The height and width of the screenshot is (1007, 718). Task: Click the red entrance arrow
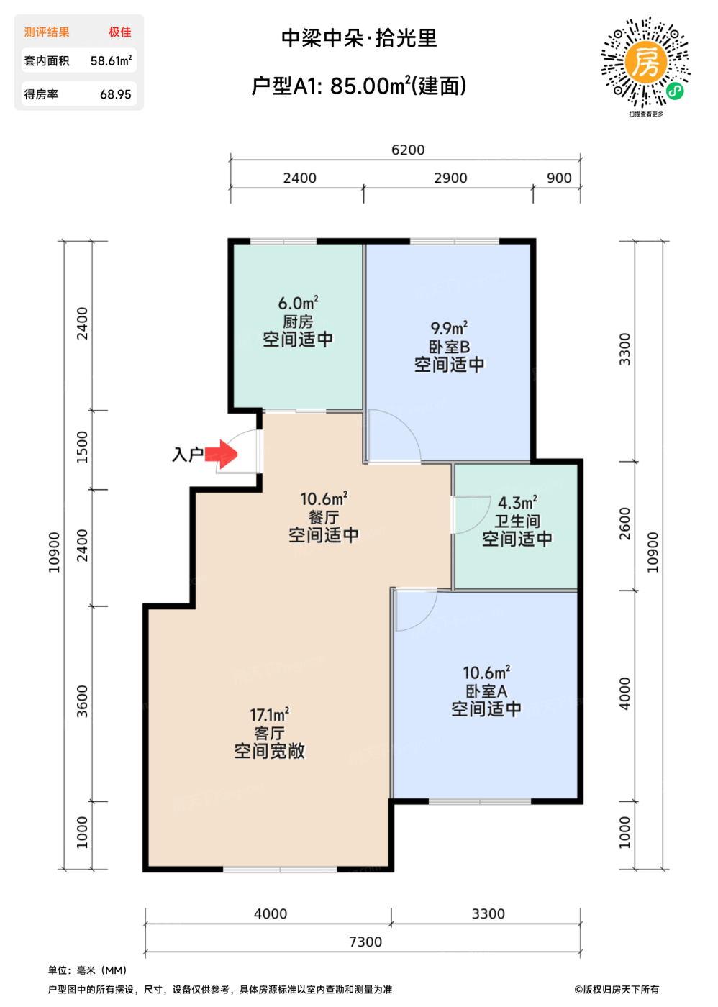click(221, 454)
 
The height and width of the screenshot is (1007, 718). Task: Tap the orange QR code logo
click(645, 63)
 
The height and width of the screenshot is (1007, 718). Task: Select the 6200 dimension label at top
click(408, 150)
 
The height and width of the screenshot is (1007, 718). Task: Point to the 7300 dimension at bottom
click(365, 942)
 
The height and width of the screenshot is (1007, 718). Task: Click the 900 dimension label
click(559, 178)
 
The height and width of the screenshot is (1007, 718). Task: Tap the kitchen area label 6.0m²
click(298, 303)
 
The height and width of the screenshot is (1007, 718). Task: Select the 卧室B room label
click(449, 347)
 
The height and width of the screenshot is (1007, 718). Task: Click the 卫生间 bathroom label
click(517, 521)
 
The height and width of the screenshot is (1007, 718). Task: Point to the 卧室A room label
click(486, 691)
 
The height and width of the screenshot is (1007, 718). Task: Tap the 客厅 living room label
click(269, 733)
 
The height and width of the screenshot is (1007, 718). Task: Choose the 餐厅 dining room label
click(324, 517)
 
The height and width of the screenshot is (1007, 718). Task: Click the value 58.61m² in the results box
click(111, 60)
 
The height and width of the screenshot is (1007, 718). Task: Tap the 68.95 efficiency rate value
click(116, 94)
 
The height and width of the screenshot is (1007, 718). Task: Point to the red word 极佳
click(120, 32)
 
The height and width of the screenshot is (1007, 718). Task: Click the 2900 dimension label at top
click(450, 178)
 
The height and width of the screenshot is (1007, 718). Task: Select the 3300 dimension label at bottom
click(488, 913)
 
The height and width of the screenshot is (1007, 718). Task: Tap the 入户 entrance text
click(188, 455)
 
